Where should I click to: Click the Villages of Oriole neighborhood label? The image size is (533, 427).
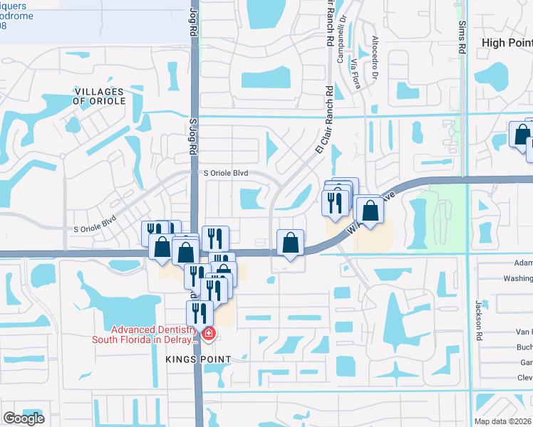99,97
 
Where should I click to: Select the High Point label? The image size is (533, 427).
507,43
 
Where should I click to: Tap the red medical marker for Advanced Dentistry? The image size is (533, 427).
208,334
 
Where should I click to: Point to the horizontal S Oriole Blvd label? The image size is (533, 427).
226,172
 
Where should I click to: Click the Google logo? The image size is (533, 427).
24,418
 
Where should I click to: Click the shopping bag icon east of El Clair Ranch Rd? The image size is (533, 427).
369,210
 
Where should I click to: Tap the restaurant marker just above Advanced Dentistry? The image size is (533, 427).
200,313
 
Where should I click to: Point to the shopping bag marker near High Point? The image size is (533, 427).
522,135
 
